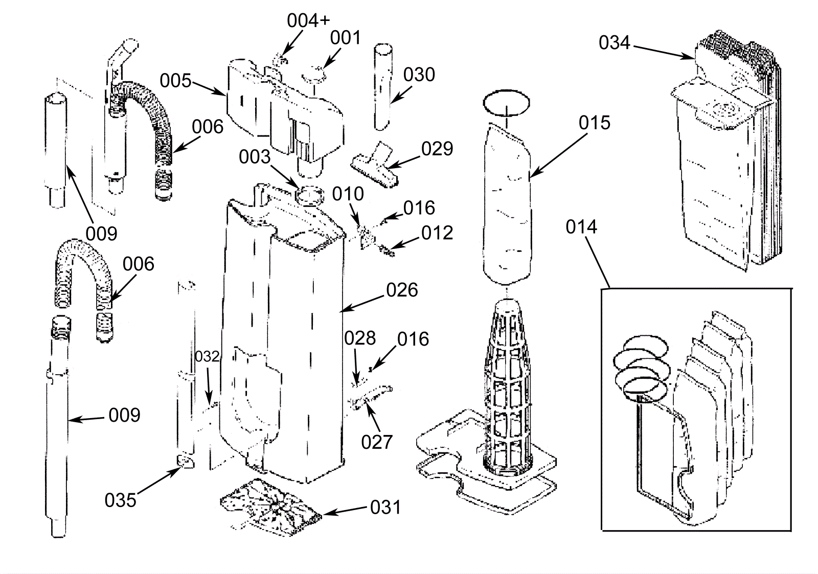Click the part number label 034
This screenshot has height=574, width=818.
point(614,43)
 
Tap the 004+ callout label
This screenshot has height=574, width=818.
point(308,20)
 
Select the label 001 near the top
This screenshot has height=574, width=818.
point(345,38)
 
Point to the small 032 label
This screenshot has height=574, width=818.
point(207,356)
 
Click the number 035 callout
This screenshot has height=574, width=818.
point(120,500)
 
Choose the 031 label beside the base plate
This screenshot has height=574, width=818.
point(385,507)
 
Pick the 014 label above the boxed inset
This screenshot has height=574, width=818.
point(581,227)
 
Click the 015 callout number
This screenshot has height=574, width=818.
point(595,123)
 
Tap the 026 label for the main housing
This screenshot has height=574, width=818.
point(402,290)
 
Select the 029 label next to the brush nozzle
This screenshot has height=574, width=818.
point(437,149)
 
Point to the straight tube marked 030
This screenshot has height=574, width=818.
point(383,87)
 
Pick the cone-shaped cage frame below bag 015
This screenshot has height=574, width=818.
point(507,387)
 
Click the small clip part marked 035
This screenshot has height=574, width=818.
point(186,462)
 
